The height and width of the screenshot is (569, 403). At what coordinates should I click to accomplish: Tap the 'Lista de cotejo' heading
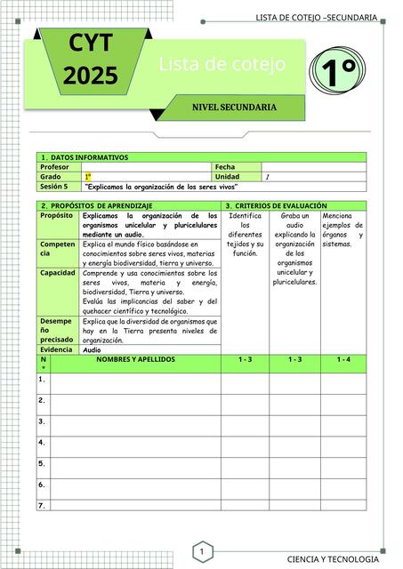222,64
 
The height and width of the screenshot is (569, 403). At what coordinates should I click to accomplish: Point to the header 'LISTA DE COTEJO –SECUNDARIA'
316,19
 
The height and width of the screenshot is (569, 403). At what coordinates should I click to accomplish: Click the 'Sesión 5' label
54,187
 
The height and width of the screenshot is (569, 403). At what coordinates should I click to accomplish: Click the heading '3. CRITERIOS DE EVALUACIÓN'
277,205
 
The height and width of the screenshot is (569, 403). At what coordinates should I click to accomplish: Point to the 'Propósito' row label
56,215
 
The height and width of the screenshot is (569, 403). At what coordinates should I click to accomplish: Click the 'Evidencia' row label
58,350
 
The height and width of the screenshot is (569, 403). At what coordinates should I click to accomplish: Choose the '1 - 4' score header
343,359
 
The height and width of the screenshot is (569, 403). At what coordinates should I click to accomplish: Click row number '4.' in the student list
42,442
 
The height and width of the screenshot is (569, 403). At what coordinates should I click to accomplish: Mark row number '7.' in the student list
42,505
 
